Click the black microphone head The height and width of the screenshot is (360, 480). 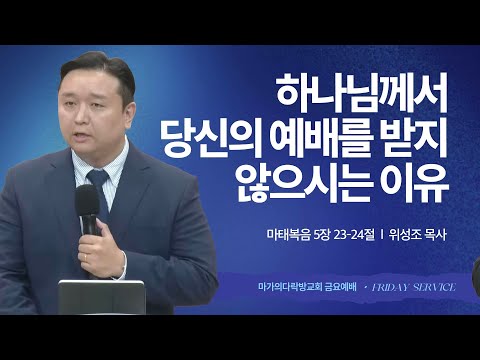point(89,208)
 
